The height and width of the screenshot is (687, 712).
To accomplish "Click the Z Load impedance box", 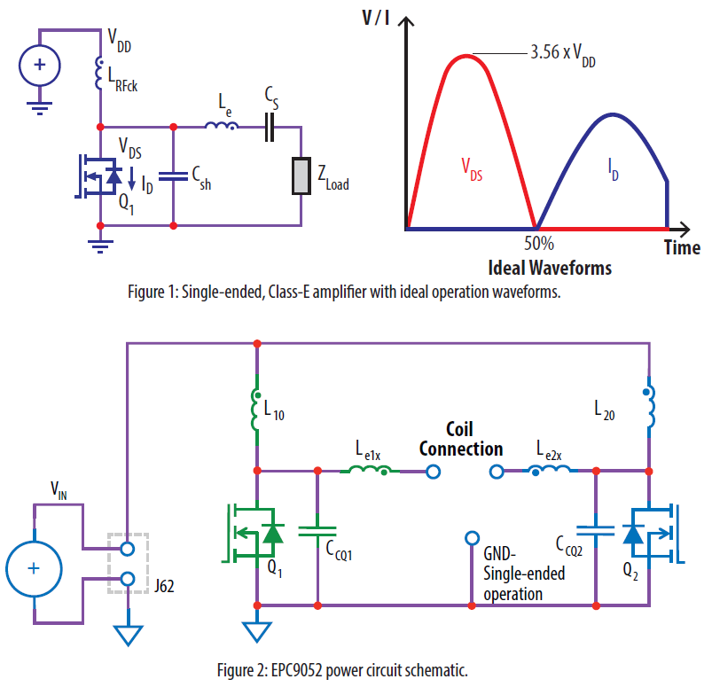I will click(x=302, y=176).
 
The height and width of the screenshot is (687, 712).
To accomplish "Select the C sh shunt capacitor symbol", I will click(x=173, y=176).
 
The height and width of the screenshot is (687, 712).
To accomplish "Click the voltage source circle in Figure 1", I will click(x=41, y=66).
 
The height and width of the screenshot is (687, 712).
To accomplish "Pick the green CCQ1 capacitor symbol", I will click(x=317, y=532).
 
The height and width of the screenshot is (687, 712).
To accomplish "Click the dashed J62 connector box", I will click(x=128, y=563).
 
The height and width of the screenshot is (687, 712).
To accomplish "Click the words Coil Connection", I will click(x=462, y=439).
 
